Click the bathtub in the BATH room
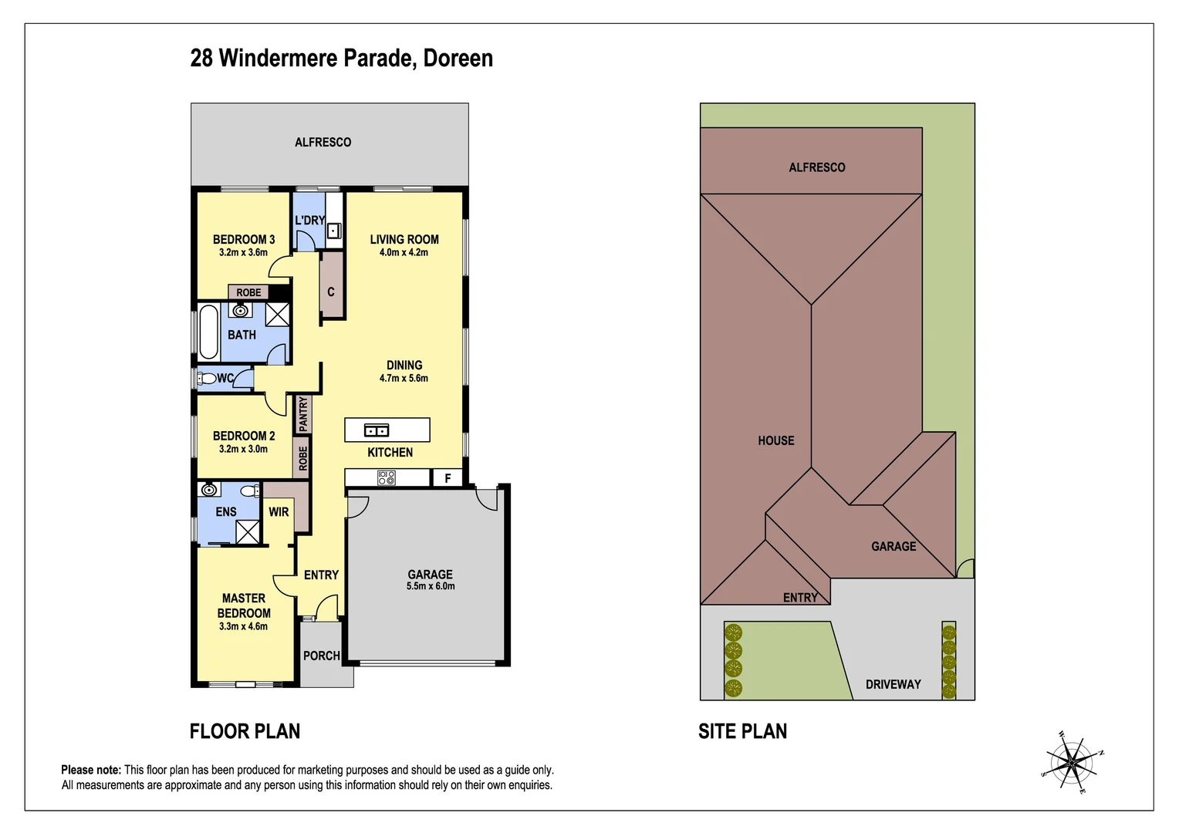pos(208,332)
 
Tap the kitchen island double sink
pos(376,430)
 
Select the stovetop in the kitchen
pos(387,478)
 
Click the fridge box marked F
pos(448,478)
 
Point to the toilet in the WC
pos(206,379)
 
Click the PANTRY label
pos(303,414)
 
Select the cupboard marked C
pos(331,292)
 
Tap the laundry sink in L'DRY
pos(334,230)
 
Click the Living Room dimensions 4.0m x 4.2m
pos(404,252)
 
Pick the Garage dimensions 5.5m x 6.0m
pos(431,586)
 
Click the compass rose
pos(1073,763)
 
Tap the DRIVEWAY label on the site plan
pos(893,684)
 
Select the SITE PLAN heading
pos(742,731)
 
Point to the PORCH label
pos(322,656)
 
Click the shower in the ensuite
pos(247,532)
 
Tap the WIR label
pos(279,511)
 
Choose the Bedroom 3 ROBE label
pos(248,292)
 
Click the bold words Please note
pos(91,770)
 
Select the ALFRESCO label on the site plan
pos(816,167)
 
